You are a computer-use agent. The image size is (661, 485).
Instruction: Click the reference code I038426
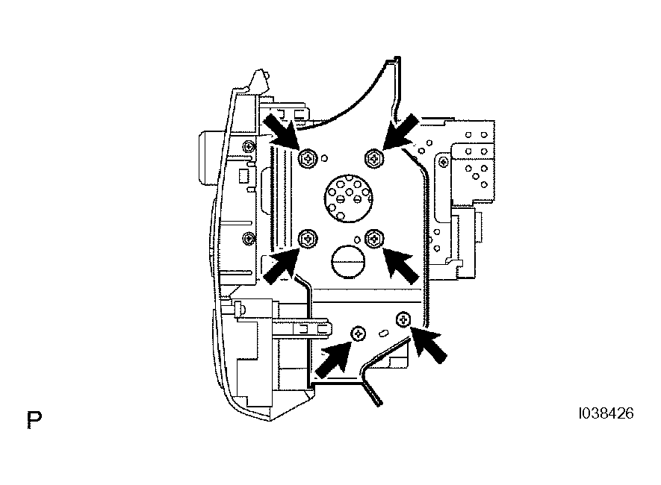coord(606,413)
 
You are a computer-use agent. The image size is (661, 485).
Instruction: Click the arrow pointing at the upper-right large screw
coord(400,132)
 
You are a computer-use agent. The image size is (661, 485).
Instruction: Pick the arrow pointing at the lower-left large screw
coord(281,265)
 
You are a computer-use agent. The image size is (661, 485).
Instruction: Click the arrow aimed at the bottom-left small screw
coord(333,359)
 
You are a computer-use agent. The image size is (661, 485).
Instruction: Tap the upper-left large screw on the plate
coord(308,159)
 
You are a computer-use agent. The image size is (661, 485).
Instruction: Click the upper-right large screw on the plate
coord(373,158)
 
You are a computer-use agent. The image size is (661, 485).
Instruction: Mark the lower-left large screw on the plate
coord(308,239)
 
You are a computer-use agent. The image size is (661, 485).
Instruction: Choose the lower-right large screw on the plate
coord(373,239)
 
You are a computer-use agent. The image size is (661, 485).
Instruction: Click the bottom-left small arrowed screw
coord(359,334)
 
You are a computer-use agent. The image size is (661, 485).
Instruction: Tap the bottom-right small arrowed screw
coord(403,319)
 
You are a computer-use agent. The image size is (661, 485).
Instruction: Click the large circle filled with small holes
coord(348,198)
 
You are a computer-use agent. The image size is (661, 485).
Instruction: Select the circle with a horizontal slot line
coord(348,261)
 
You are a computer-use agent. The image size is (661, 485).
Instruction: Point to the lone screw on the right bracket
coord(444,162)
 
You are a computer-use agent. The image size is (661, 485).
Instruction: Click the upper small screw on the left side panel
coord(249,146)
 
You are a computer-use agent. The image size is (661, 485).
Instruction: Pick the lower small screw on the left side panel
coord(249,238)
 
